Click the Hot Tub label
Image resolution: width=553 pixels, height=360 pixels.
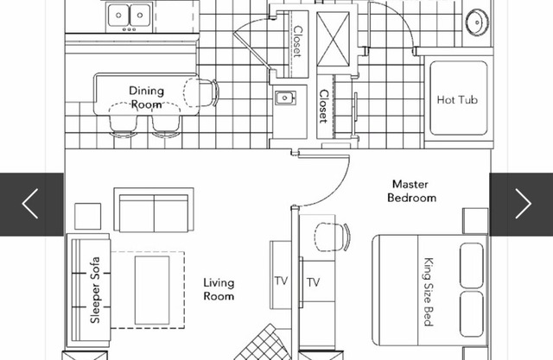point(457,99)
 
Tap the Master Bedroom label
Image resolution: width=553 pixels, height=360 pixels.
point(411,191)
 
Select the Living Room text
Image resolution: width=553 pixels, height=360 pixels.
point(219,289)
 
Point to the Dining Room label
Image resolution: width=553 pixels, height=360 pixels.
point(146,98)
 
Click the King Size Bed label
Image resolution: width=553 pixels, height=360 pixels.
point(429,293)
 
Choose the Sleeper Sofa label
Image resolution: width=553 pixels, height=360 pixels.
point(95,290)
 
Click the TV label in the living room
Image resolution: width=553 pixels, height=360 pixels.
point(281,281)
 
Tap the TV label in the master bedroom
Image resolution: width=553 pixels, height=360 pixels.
point(313,282)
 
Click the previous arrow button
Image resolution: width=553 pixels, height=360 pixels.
point(32,204)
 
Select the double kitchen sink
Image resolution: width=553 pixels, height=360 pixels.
point(129,16)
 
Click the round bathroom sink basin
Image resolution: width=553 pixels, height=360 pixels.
point(477,22)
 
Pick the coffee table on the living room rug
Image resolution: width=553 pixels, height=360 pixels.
point(152,290)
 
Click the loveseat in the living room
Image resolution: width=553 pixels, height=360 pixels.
point(154,210)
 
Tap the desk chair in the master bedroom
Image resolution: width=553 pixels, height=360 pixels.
point(332,237)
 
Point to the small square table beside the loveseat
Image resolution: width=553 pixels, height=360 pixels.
point(88,216)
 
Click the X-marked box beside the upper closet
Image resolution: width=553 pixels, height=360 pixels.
point(333,39)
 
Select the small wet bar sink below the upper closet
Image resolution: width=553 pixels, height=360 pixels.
point(285,98)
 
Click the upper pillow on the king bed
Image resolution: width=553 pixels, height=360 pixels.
point(472,265)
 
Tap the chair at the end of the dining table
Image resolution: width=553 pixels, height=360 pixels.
point(201,92)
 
